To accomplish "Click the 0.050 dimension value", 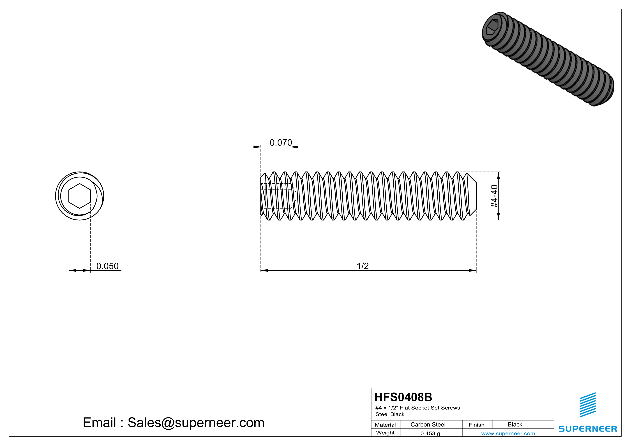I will click(107, 266).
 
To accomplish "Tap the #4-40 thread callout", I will click(494, 196).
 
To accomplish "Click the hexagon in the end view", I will click(80, 196).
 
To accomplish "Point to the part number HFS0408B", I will click(403, 397).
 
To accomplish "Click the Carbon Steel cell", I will click(428, 424).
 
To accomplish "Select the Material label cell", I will click(385, 425).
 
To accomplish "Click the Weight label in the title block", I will click(385, 433).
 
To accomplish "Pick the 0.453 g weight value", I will click(430, 433).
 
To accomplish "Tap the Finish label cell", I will click(476, 425).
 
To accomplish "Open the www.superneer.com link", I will click(508, 433).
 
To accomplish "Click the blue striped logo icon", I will click(587, 405).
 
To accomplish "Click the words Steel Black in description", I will click(390, 414).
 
